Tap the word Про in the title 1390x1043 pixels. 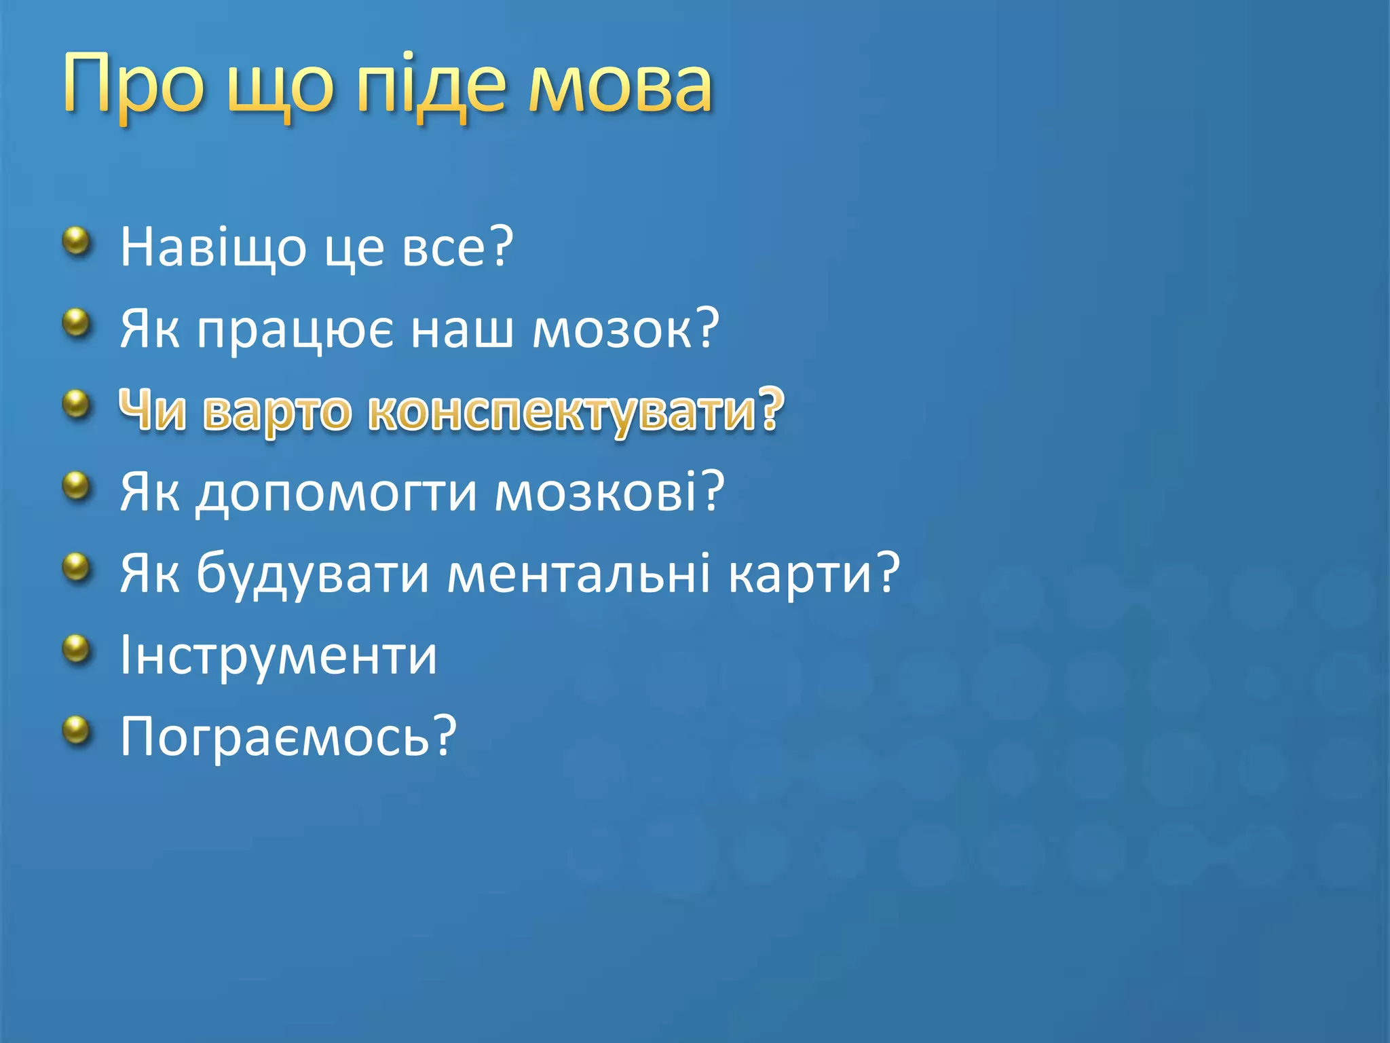[x=133, y=85]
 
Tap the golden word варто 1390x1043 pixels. [x=277, y=411]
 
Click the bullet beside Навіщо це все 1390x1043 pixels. [x=77, y=241]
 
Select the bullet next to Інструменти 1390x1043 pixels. [x=77, y=649]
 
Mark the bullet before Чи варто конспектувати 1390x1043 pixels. [x=77, y=405]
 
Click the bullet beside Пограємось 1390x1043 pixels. [x=77, y=731]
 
